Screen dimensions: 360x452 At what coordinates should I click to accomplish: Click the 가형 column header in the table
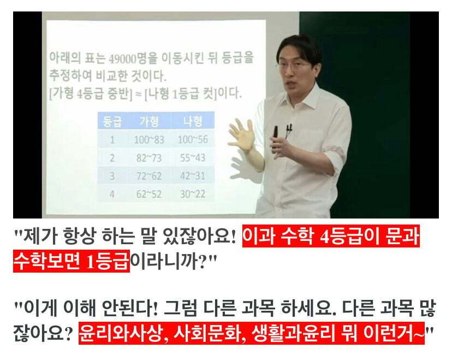149,121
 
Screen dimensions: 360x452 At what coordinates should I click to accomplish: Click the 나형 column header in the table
192,121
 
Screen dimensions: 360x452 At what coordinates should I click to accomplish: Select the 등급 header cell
112,121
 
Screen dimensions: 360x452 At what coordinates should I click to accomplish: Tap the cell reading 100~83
149,139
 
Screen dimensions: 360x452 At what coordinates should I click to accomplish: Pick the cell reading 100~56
192,139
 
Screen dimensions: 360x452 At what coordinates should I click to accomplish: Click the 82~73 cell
149,158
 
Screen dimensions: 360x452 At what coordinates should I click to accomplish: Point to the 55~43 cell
192,158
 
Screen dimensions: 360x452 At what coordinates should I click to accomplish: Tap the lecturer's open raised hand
241,134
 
